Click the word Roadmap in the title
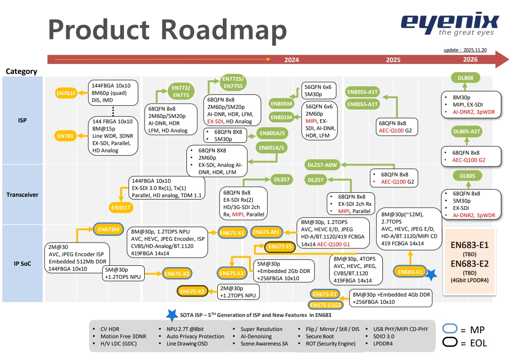coord(225,29)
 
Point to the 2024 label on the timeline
coord(291,60)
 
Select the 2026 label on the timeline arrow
coord(470,60)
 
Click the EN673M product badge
coord(109,229)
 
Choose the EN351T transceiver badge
coord(121,208)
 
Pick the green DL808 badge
coord(465,78)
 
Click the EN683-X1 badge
coord(410,272)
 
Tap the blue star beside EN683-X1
coord(431,274)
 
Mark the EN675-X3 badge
coord(192,292)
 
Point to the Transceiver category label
coord(22,195)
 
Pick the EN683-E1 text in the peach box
coord(470,246)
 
